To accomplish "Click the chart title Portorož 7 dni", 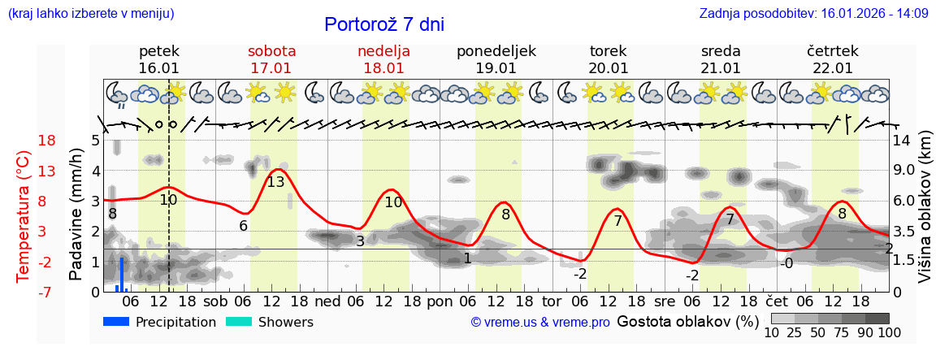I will tap(384, 24).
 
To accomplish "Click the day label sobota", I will tap(271, 51).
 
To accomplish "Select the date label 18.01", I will tap(383, 68).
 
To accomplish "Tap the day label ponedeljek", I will tap(496, 51).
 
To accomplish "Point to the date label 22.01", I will tap(833, 68).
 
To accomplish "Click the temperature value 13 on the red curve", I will tap(275, 182).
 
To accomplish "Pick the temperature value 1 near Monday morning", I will tap(467, 258).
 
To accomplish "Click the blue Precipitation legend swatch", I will tap(116, 322).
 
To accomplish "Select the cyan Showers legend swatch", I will tap(238, 322).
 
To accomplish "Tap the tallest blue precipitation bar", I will tap(122, 274).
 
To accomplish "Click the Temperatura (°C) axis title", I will tap(24, 215).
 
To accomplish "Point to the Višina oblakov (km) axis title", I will tap(925, 215).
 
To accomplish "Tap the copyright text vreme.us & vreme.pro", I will tap(540, 323).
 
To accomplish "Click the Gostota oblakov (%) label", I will tap(687, 322).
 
